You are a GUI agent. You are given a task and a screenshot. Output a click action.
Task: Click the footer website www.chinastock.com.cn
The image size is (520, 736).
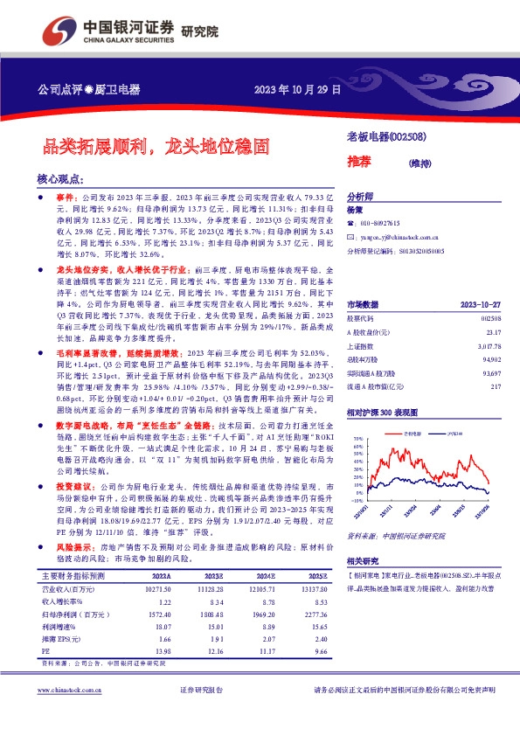(66, 715)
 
